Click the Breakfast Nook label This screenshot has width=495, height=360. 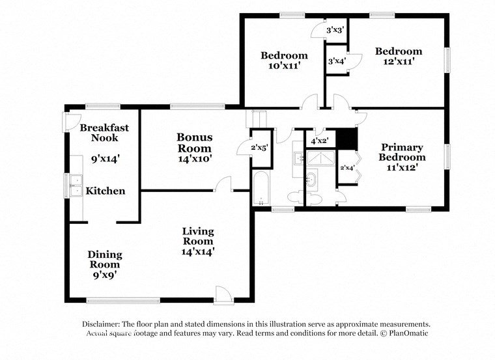click(x=104, y=133)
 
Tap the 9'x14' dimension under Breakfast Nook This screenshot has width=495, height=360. click(x=104, y=158)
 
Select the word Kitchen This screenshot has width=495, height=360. click(x=106, y=191)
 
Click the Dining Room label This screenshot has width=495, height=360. click(x=105, y=260)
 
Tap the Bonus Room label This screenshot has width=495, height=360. click(x=194, y=142)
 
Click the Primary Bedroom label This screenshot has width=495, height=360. click(x=403, y=152)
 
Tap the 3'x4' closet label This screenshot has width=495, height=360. click(x=337, y=61)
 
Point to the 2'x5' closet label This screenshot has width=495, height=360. click(x=261, y=148)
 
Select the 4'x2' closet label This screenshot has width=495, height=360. click(x=319, y=141)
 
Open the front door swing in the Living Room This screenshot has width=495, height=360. click(x=223, y=294)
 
